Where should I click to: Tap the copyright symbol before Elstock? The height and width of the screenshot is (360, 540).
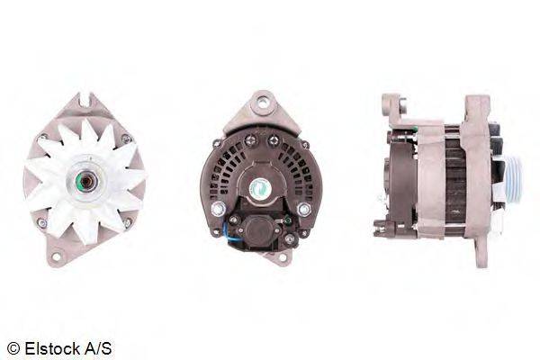pyautogui.click(x=12, y=346)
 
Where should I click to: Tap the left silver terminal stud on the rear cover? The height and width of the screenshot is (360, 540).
pyautogui.click(x=218, y=209)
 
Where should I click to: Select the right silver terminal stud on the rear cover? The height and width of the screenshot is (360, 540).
pyautogui.click(x=303, y=209)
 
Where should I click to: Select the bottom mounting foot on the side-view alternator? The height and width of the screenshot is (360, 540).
pyautogui.click(x=481, y=256)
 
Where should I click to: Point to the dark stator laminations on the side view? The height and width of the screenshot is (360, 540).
pyautogui.click(x=454, y=180)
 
